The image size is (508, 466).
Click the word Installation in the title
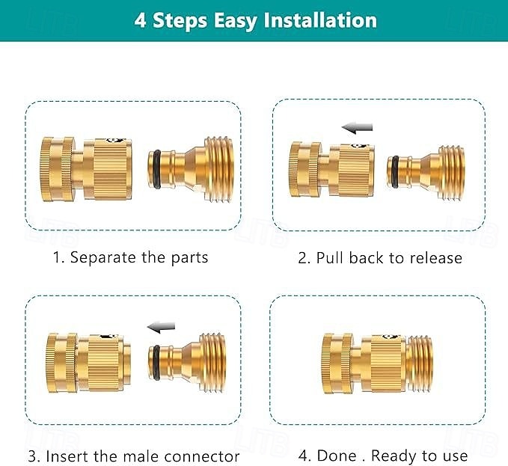[314, 19]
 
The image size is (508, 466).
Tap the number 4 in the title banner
[140, 19]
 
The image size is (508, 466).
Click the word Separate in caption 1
[104, 257]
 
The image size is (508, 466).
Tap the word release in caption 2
[435, 258]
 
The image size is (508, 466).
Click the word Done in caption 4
[337, 456]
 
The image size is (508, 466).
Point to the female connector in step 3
[87, 359]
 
